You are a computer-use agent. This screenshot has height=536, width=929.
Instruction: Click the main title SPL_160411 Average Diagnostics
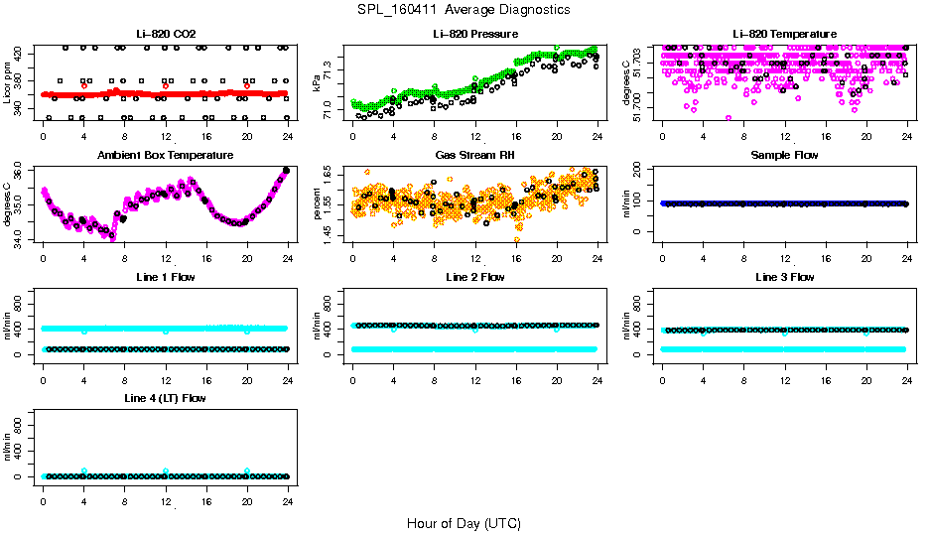pos(464,9)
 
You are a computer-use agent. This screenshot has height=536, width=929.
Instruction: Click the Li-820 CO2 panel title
pos(165,35)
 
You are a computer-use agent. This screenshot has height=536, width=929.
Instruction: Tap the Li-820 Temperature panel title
pos(784,35)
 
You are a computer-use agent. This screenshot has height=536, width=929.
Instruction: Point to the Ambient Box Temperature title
pos(165,156)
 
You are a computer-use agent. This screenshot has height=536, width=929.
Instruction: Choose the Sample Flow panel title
pos(784,156)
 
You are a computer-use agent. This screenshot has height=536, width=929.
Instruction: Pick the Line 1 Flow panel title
pos(165,277)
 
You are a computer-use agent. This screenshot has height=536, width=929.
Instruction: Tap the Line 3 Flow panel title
pos(784,277)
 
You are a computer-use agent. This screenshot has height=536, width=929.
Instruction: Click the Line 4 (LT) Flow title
pos(165,398)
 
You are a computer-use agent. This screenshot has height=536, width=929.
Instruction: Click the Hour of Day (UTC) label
pos(464,523)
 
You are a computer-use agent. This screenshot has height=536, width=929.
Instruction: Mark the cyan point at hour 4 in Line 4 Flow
pos(84,470)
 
